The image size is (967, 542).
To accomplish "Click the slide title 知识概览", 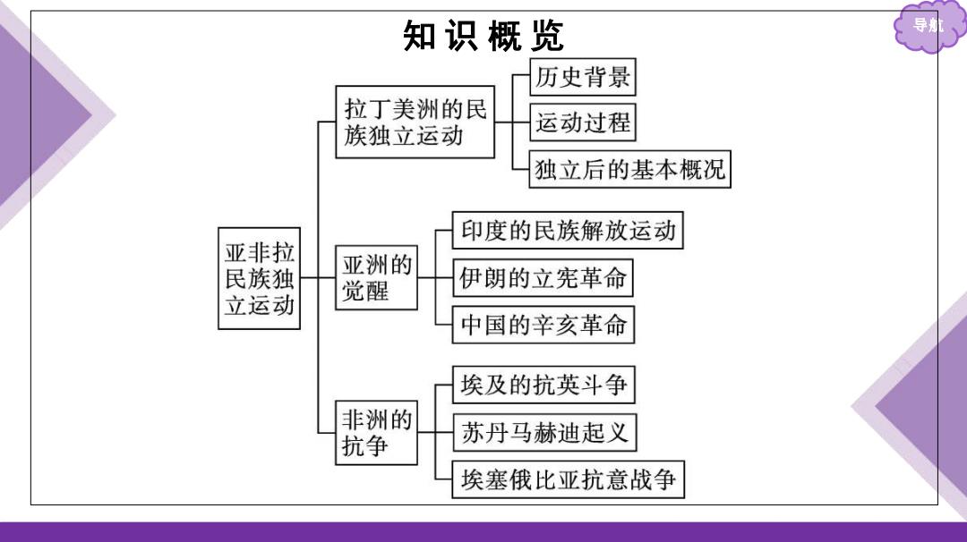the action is [x=483, y=36].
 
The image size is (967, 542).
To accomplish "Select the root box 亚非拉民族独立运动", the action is [x=259, y=278].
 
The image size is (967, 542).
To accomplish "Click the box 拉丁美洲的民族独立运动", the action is [x=415, y=122].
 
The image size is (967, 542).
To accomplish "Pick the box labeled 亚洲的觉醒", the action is [x=376, y=278].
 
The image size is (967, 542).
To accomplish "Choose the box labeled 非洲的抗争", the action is [x=376, y=432].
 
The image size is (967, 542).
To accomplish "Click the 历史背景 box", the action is [x=583, y=77].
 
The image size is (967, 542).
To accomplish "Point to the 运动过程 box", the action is [x=583, y=122].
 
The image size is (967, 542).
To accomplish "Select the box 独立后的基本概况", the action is [x=629, y=169].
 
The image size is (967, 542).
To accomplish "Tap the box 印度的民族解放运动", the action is [x=568, y=231].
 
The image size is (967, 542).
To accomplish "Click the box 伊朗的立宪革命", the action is [x=543, y=278].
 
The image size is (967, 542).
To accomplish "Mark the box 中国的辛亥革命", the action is [x=543, y=325].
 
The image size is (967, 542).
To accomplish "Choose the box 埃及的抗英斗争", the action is [x=544, y=385].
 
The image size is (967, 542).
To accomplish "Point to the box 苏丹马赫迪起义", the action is [x=544, y=432].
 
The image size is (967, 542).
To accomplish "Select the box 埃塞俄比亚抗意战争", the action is [x=569, y=479].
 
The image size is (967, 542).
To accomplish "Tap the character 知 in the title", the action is [x=419, y=36].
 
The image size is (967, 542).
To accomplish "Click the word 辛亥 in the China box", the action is [x=556, y=325].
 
